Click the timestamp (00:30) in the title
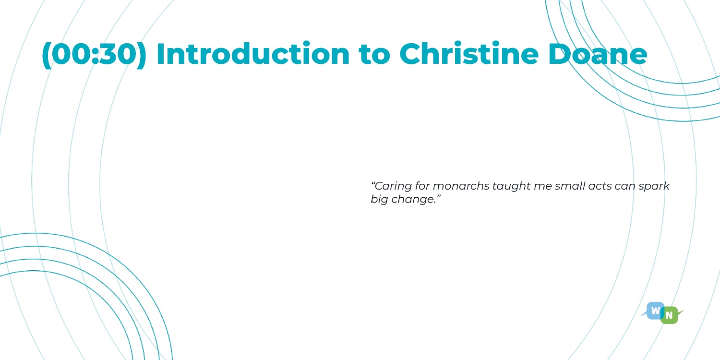94,54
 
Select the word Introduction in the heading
253,53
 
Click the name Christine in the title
469,53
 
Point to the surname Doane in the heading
598,54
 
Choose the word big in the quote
379,199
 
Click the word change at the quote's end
414,200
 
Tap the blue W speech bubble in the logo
655,311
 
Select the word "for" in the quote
422,186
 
